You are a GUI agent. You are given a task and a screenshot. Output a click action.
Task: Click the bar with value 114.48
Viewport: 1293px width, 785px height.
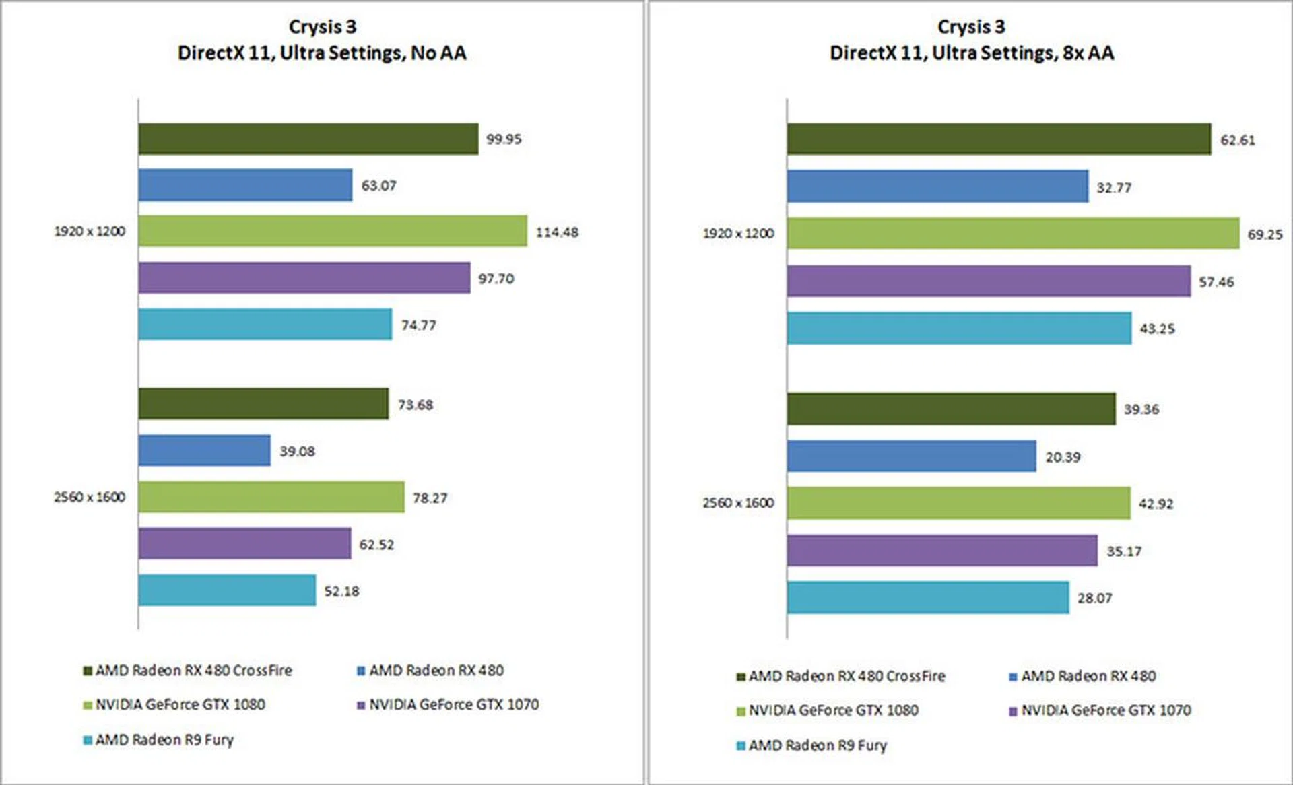pyautogui.click(x=333, y=231)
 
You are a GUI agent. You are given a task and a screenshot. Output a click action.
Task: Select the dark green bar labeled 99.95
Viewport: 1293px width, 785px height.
pyautogui.click(x=308, y=139)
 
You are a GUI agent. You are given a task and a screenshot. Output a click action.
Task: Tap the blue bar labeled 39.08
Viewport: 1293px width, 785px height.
pyautogui.click(x=204, y=450)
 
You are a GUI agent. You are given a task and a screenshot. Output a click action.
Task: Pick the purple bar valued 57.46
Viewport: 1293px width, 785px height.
pyautogui.click(x=989, y=281)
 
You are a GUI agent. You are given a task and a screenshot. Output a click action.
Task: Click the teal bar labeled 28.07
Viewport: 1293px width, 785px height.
pyautogui.click(x=928, y=597)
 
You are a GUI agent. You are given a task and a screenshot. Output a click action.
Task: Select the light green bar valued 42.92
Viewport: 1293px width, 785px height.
pyautogui.click(x=958, y=503)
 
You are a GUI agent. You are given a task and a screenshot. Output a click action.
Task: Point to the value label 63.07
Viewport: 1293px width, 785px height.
pyautogui.click(x=378, y=185)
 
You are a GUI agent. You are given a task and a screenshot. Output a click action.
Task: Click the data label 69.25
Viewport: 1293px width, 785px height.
pyautogui.click(x=1265, y=234)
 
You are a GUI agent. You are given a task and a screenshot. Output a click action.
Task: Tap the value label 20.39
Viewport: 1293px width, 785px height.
pyautogui.click(x=1062, y=457)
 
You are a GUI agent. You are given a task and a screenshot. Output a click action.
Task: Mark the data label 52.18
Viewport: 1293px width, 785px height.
pyautogui.click(x=341, y=591)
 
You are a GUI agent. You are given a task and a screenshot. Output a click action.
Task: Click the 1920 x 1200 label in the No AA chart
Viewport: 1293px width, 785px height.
pyautogui.click(x=90, y=231)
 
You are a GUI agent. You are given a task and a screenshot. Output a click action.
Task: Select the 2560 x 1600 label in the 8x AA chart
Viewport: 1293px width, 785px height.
pyautogui.click(x=738, y=502)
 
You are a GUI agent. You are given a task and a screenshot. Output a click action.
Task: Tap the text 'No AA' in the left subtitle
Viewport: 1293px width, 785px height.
pyautogui.click(x=438, y=53)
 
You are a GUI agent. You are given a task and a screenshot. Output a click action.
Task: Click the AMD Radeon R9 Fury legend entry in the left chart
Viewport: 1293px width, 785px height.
pyautogui.click(x=164, y=739)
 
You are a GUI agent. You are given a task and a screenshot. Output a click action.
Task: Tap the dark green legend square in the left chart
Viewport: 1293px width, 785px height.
pyautogui.click(x=88, y=671)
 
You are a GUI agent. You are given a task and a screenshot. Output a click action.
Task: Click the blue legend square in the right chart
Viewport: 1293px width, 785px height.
pyautogui.click(x=1013, y=676)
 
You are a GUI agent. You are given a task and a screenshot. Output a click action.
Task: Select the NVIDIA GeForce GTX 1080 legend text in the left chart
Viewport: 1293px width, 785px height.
pyautogui.click(x=180, y=704)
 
